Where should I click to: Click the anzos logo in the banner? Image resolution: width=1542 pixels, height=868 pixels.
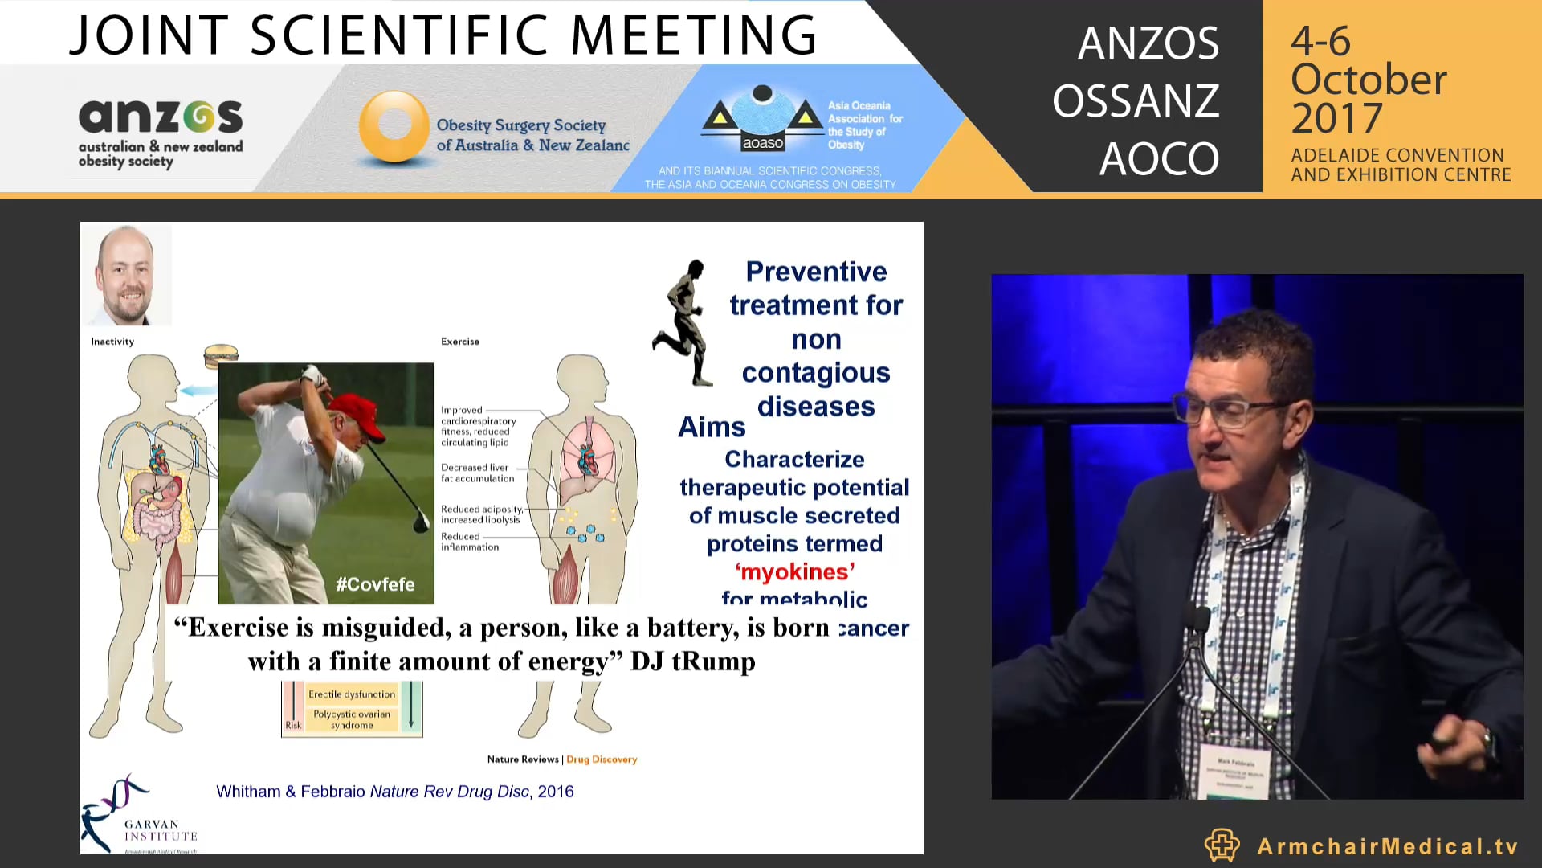(x=161, y=131)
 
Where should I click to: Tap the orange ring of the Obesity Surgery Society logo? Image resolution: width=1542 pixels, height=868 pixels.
(x=394, y=126)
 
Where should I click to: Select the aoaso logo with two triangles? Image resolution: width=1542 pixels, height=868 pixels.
(x=762, y=121)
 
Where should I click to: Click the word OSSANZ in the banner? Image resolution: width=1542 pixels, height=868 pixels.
(x=1136, y=101)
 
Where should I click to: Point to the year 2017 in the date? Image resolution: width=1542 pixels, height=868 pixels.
(x=1336, y=118)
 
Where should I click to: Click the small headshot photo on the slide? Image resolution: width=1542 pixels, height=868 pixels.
(x=126, y=274)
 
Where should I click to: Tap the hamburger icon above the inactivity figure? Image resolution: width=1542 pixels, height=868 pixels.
(x=221, y=354)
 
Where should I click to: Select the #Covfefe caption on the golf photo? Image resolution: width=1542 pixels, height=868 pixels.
(x=375, y=584)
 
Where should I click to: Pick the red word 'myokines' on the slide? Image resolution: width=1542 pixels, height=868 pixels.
(x=794, y=571)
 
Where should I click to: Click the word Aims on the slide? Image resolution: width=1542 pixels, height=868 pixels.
(x=712, y=427)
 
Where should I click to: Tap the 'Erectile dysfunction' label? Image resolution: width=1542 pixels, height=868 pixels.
(x=352, y=694)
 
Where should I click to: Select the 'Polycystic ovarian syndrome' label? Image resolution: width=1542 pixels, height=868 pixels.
(x=352, y=719)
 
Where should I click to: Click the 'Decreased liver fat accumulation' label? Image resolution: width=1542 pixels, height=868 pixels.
(x=477, y=473)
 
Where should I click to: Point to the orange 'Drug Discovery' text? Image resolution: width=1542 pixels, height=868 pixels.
(x=602, y=759)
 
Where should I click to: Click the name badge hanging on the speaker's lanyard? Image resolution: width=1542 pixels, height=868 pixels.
(x=1235, y=770)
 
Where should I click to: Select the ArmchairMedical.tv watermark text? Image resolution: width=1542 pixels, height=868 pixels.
(x=1387, y=846)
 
